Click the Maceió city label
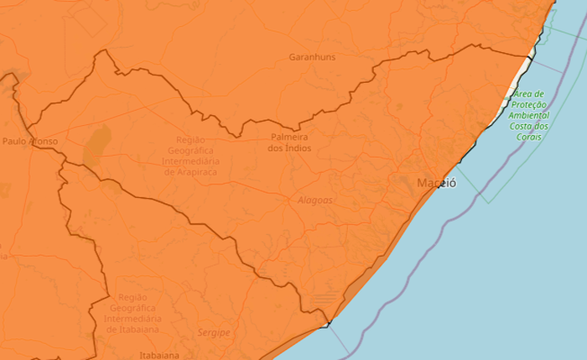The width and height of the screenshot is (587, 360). click(x=437, y=183)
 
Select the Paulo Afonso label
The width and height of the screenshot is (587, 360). click(x=30, y=142)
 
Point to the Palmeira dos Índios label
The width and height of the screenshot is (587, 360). click(x=289, y=142)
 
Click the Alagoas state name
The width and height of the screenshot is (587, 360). click(x=315, y=201)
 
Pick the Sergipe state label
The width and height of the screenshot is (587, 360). click(x=214, y=333)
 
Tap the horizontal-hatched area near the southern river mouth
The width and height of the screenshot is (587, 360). click(x=325, y=300)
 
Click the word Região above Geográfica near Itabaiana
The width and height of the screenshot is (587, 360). click(x=132, y=297)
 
